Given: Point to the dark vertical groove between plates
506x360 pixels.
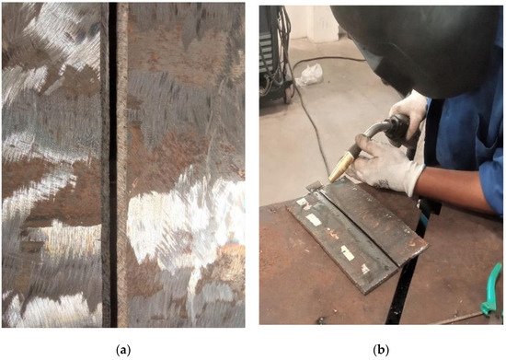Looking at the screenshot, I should coord(111,166).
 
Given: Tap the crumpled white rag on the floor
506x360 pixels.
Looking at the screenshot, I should coord(308,73).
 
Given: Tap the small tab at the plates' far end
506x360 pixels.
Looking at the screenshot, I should coord(313,188).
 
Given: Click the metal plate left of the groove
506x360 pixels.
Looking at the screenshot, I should coord(51,166).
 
